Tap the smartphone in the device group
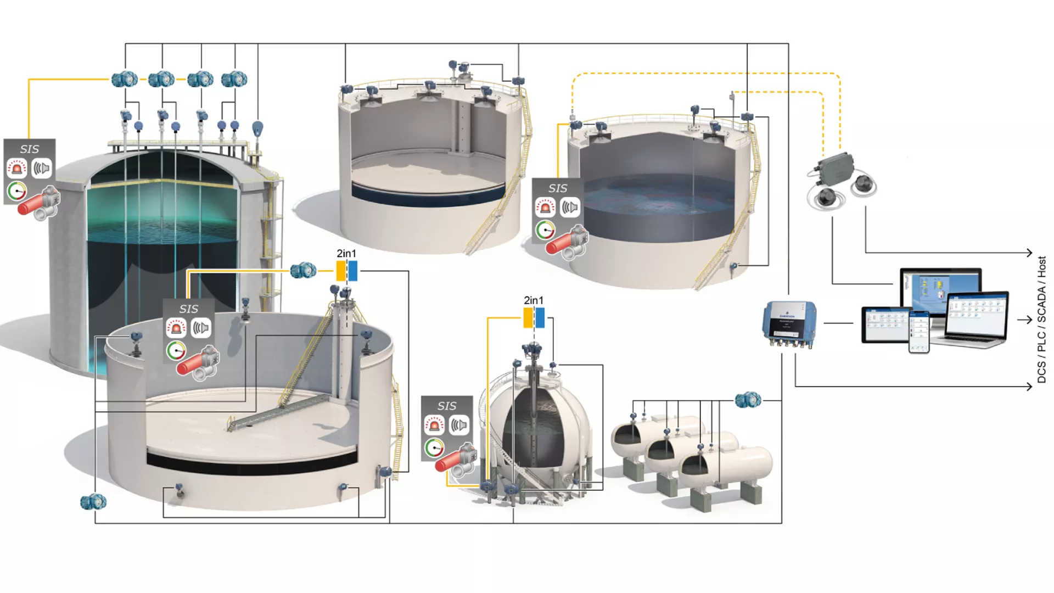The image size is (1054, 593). pos(919,331)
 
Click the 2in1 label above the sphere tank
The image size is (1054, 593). pos(534,300)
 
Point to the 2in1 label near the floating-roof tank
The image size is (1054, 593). pos(346,253)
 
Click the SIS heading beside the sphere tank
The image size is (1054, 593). pos(447,406)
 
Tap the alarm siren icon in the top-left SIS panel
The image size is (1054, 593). pos(18,168)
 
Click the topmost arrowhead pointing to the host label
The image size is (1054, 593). pos(1030,253)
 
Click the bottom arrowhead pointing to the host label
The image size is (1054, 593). pos(1030,387)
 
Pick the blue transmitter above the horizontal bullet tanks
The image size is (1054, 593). pos(748,400)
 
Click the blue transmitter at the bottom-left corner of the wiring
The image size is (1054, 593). pos(93,502)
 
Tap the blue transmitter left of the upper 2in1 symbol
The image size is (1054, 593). pos(303,270)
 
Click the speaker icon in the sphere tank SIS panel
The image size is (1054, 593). pos(459,425)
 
